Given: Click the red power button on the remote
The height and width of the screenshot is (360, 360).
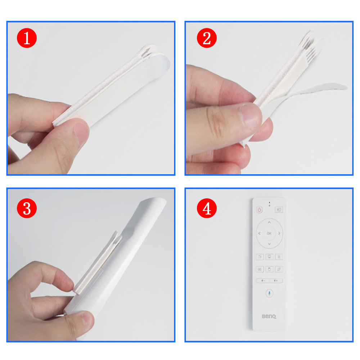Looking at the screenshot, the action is click(x=260, y=210).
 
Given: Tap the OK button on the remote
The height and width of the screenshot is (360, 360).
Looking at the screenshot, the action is click(x=269, y=233).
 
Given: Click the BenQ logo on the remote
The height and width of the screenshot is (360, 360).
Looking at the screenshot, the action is click(x=269, y=316).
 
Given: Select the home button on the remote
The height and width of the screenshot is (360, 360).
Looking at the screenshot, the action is click(x=269, y=257).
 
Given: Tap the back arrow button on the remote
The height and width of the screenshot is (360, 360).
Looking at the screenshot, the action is click(x=260, y=257).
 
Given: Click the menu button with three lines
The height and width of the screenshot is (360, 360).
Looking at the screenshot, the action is click(x=279, y=257).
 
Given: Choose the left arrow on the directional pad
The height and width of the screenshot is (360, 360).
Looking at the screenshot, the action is click(x=260, y=233).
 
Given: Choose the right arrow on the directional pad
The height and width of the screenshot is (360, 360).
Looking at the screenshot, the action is click(x=279, y=233).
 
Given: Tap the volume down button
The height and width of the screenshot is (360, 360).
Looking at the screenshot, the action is click(x=263, y=280).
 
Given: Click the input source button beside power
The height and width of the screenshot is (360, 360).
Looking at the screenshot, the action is click(x=279, y=210).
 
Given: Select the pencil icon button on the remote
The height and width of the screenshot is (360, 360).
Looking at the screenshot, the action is click(x=279, y=269).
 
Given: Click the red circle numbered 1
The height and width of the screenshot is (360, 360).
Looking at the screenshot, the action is click(x=27, y=38).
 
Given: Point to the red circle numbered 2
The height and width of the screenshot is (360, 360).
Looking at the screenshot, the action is click(x=207, y=38).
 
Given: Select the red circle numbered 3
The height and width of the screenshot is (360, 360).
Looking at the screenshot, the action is click(x=27, y=208).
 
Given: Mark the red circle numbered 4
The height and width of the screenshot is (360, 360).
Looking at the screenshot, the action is click(x=207, y=208).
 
